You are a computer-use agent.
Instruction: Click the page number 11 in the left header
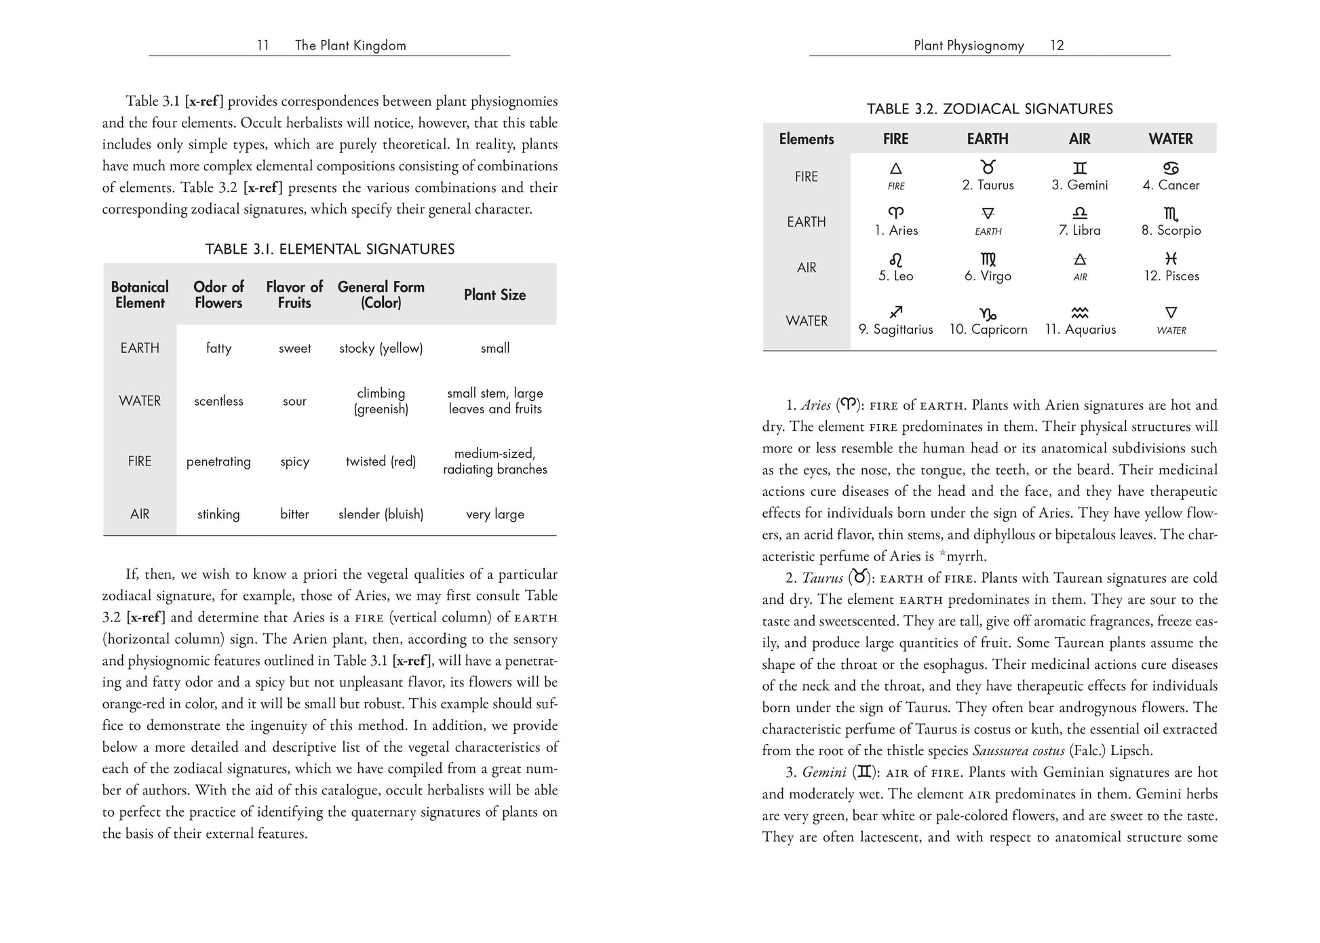pos(263,45)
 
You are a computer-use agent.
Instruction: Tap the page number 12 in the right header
pos(1057,45)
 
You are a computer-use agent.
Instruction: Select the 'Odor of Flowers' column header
pos(218,294)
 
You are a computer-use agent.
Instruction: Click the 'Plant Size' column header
pos(494,294)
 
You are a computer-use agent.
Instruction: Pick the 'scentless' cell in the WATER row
pos(218,401)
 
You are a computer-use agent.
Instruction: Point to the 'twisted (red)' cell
pos(381,461)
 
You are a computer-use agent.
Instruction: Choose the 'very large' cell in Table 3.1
pos(494,514)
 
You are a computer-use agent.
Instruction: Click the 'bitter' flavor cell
pos(294,514)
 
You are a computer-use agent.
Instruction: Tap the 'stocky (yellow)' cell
pos(381,348)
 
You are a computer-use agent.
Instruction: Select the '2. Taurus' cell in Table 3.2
pos(988,185)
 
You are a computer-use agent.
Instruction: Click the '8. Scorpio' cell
pos(1171,231)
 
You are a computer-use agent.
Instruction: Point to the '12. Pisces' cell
pos(1171,276)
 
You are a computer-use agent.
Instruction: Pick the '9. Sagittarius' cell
pos(895,329)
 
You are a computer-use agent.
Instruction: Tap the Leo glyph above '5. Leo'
pos(895,260)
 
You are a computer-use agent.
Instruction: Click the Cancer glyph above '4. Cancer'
pos(1171,168)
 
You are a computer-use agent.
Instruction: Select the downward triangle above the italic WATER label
pos(1171,313)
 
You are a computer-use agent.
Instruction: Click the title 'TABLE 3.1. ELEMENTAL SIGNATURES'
pos(330,249)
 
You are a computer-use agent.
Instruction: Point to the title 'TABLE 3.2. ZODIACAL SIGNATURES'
pos(990,109)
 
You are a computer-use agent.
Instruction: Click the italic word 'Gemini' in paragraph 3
pos(824,773)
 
